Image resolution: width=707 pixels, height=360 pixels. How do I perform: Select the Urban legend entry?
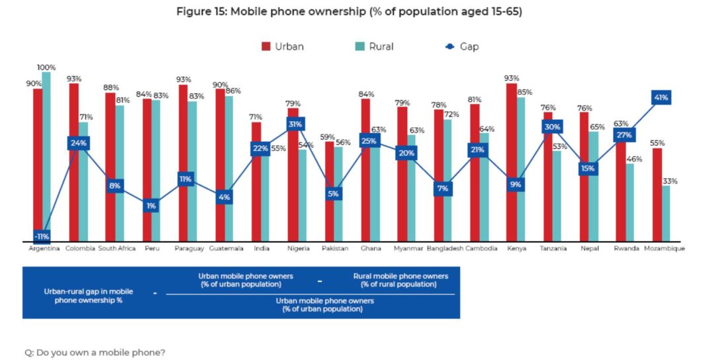point(283,46)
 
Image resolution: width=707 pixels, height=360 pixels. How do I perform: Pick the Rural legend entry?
point(375,46)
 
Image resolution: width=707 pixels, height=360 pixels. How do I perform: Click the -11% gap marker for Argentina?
point(42,236)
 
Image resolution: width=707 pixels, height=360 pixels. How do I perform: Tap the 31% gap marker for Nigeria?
point(295,124)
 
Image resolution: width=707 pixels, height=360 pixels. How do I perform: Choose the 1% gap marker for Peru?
point(151,206)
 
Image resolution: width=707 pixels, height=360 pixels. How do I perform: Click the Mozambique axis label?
point(664,249)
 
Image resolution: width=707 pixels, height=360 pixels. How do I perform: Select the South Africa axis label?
point(117,249)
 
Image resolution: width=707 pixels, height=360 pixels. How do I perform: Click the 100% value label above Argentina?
point(46,67)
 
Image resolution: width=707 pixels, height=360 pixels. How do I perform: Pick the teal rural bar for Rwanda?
point(630,202)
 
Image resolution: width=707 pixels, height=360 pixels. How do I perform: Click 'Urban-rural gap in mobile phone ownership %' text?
point(88,295)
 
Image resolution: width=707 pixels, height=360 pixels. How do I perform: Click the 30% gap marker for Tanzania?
point(552,127)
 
